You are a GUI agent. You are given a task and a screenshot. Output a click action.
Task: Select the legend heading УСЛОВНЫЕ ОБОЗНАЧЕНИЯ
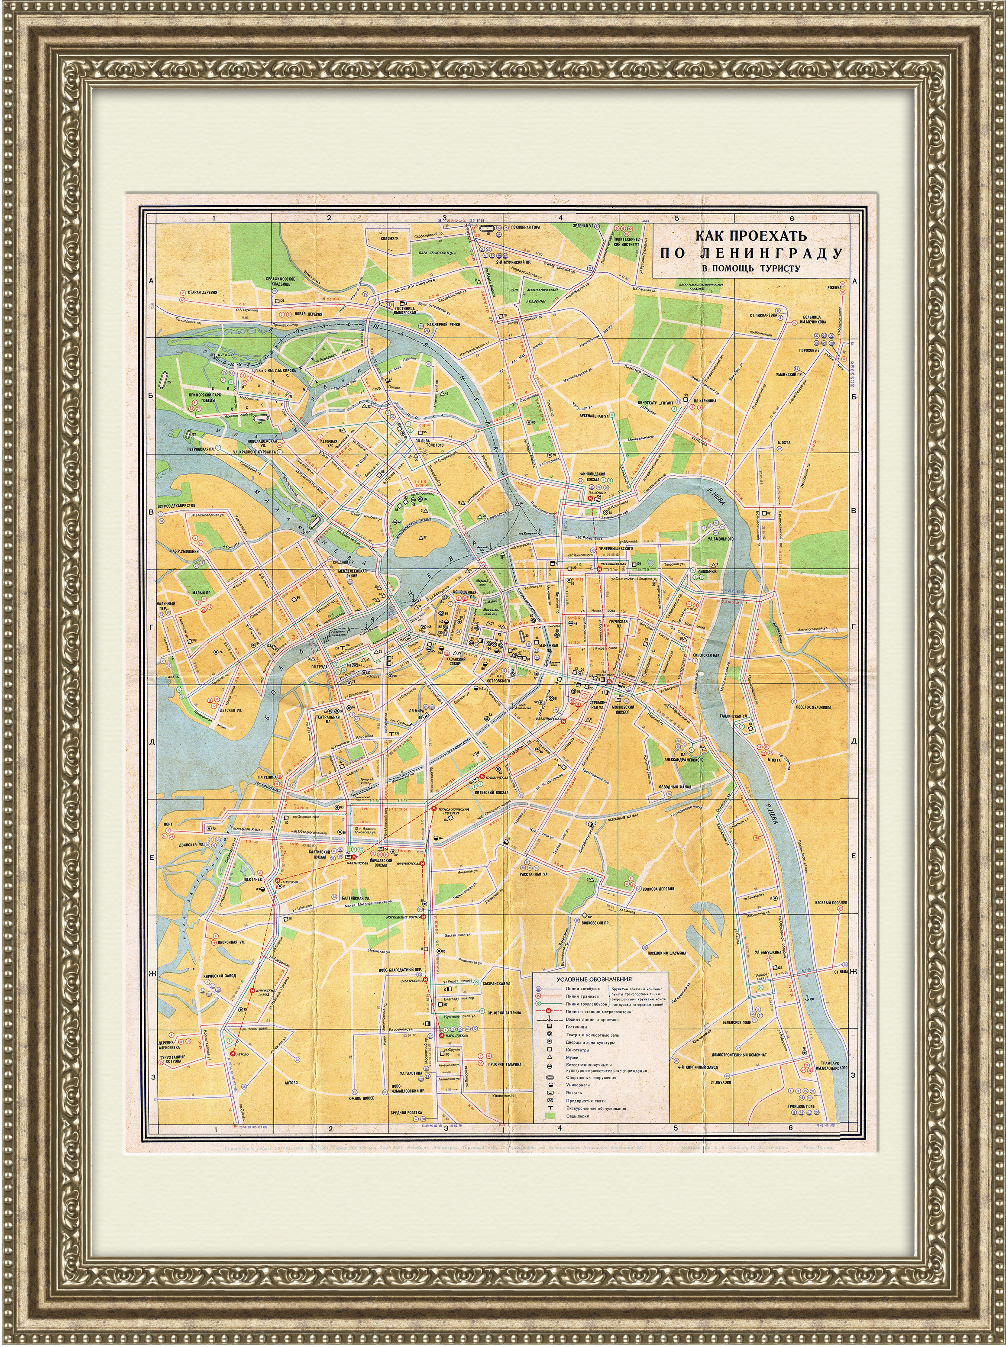click(586, 980)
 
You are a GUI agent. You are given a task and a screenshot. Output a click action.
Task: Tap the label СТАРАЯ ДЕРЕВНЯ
click(203, 293)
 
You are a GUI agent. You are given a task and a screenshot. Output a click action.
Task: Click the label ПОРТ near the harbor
click(168, 824)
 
